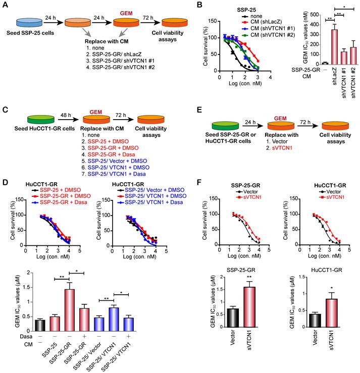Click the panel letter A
[x=5, y=5]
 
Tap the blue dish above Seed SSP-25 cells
[x=29, y=23]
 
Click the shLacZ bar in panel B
[x=334, y=47]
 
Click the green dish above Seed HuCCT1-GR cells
[x=41, y=120]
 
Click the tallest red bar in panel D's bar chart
[x=70, y=310]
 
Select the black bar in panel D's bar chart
[x=40, y=326]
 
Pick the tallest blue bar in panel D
[x=114, y=319]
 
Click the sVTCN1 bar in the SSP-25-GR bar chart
[x=249, y=307]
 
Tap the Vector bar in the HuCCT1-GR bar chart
[x=315, y=321]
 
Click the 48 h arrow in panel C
[x=69, y=120]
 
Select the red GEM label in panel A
[x=126, y=13]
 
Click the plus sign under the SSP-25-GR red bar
[x=84, y=336]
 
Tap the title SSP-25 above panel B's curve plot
[x=246, y=10]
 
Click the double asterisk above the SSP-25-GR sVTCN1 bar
[x=249, y=277]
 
